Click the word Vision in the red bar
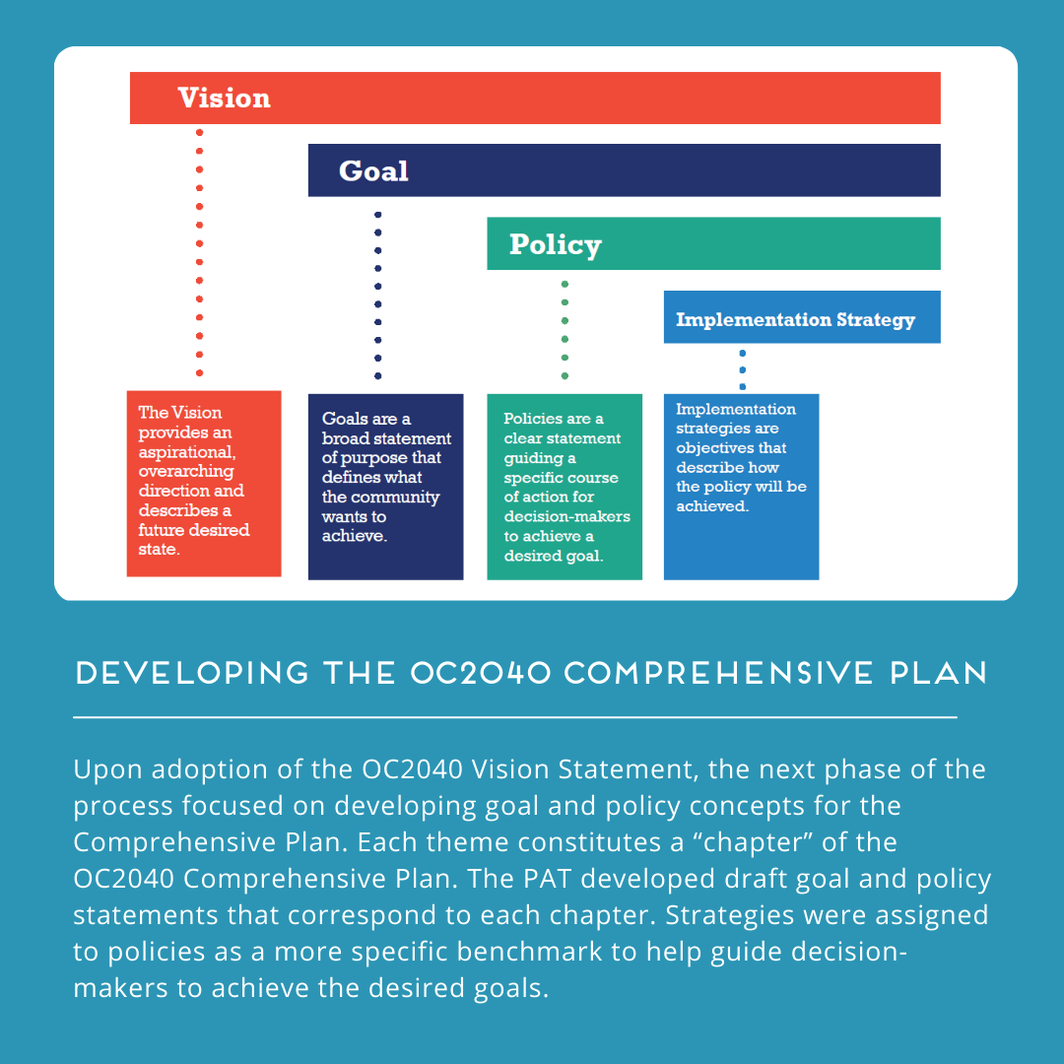224,98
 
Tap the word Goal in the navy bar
374,171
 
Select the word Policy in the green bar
555,245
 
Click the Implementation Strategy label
795,319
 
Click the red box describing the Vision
204,484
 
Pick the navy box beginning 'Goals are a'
385,487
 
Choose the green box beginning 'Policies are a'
565,487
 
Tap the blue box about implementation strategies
741,487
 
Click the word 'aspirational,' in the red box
187,452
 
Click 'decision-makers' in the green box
567,516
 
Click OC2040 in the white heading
481,673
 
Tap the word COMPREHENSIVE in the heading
718,673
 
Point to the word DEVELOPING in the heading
193,673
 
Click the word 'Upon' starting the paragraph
107,770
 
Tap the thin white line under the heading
515,716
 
